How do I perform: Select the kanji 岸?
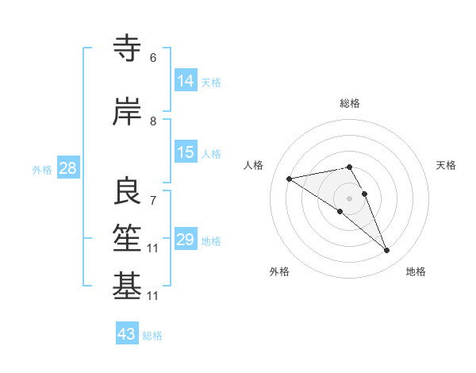click(x=128, y=112)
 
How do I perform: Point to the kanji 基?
click(x=128, y=286)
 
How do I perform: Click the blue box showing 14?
click(x=186, y=81)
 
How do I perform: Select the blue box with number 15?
click(x=186, y=152)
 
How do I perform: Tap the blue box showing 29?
click(x=186, y=240)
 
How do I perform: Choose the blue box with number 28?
click(x=67, y=168)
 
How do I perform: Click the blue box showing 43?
click(x=127, y=334)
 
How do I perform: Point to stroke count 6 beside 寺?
click(x=153, y=58)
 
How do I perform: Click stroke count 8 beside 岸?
click(x=153, y=121)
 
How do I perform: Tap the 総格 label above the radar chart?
click(x=350, y=103)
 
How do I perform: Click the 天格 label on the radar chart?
click(x=446, y=165)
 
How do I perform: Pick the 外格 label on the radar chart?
click(x=279, y=271)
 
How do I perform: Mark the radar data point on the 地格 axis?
click(x=387, y=251)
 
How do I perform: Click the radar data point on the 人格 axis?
click(x=290, y=178)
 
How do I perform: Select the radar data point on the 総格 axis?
click(x=350, y=167)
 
